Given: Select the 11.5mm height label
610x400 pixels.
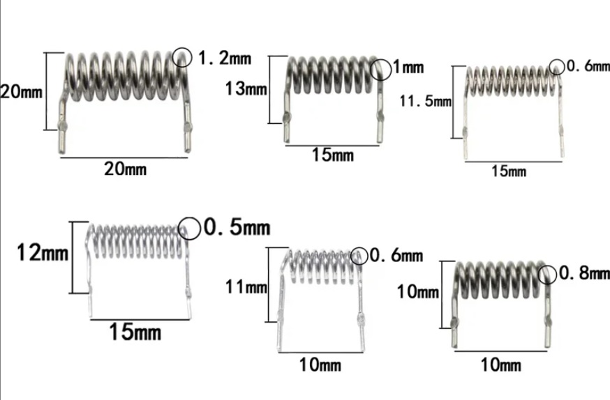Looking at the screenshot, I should (x=426, y=102).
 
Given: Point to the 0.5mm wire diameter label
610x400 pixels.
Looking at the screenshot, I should (x=236, y=228).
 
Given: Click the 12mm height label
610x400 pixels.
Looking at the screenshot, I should (x=43, y=252).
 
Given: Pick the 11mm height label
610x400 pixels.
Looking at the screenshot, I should (x=246, y=286).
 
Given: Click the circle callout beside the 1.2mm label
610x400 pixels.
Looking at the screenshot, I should (x=182, y=56).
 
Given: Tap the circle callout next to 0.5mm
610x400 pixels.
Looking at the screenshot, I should (x=188, y=227).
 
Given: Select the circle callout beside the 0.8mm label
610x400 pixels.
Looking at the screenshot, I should (x=546, y=274).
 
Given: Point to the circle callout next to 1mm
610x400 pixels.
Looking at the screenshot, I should (x=382, y=69).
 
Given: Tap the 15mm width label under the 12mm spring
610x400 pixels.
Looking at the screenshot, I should (x=135, y=332).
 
